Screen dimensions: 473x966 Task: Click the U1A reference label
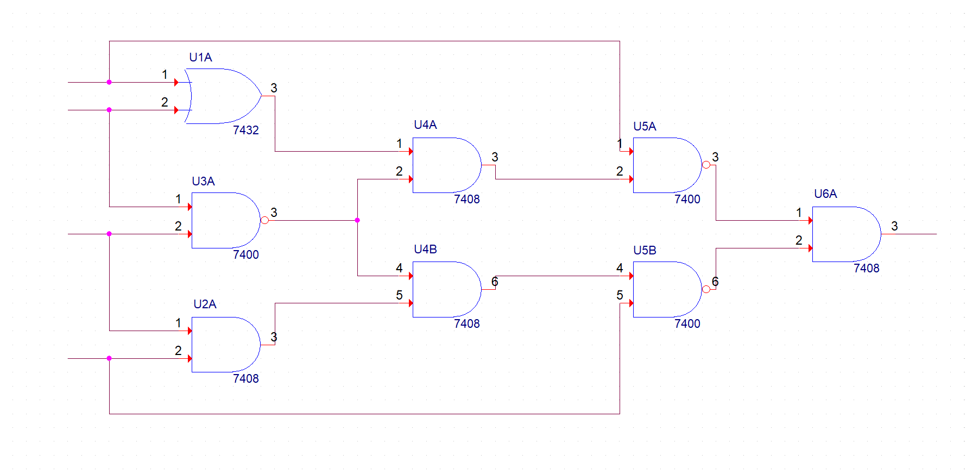(x=200, y=58)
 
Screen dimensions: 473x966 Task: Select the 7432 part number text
(x=245, y=130)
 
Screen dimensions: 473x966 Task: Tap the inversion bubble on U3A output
(x=264, y=220)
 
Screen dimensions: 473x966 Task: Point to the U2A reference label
(x=205, y=304)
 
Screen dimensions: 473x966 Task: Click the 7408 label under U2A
(x=245, y=379)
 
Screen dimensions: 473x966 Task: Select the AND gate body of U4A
(x=444, y=165)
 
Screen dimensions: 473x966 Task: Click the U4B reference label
(x=425, y=250)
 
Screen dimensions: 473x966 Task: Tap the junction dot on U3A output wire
(x=357, y=220)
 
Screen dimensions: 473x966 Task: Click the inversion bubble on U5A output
(x=706, y=165)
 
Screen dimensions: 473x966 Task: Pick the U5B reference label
(x=645, y=251)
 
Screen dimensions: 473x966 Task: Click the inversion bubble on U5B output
(x=706, y=289)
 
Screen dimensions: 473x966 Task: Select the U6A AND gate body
(x=844, y=234)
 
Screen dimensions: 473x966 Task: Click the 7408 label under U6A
(x=866, y=269)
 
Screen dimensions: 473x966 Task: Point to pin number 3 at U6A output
(x=894, y=226)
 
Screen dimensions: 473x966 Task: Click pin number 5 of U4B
(x=399, y=295)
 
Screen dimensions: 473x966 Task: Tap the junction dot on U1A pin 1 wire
(x=109, y=82)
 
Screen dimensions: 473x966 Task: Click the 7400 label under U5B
(x=687, y=324)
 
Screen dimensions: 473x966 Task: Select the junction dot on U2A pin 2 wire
(x=109, y=358)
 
